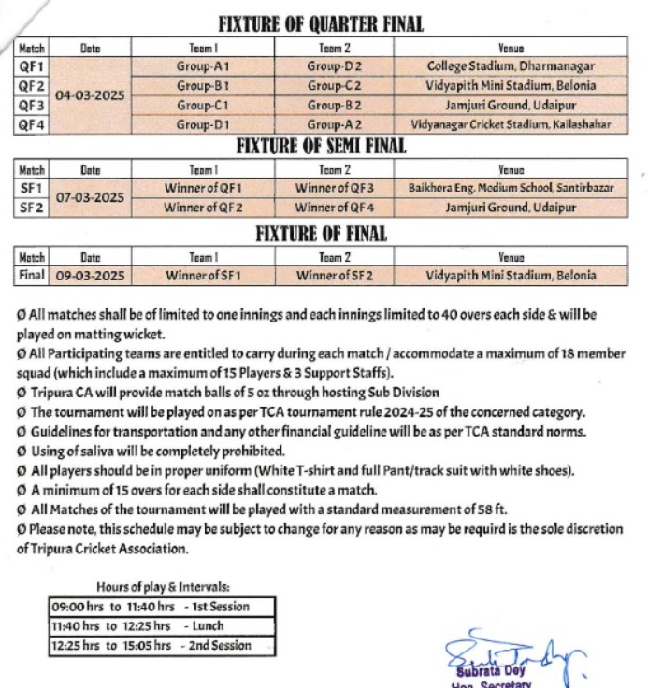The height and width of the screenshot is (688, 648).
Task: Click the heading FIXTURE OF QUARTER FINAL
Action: click(321, 25)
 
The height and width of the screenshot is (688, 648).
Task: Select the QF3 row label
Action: click(31, 106)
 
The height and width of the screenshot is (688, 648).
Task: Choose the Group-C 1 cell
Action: click(203, 106)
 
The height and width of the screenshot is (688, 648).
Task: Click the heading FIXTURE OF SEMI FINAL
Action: click(321, 147)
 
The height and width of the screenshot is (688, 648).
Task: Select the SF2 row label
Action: click(31, 208)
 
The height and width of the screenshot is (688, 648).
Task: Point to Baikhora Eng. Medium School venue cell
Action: click(511, 188)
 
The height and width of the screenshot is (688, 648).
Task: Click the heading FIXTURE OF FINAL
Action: click(321, 234)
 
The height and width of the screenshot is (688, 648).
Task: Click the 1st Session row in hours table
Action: click(162, 607)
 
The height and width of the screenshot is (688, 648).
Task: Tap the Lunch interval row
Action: click(162, 625)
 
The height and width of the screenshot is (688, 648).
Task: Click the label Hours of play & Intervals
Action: click(162, 587)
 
